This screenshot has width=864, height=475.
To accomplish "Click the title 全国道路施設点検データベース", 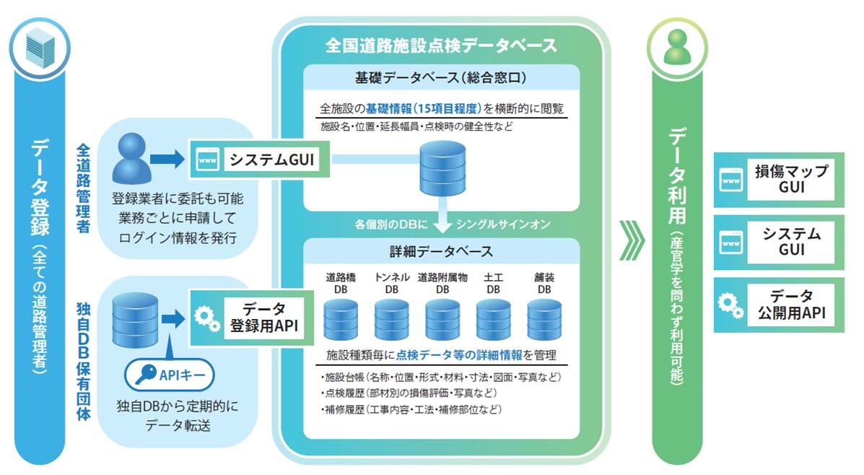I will point(441,45).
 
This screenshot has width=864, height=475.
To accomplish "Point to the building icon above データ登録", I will point(40,48).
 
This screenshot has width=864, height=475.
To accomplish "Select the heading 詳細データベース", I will point(441,252).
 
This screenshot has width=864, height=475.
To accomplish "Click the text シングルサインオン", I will point(504,225).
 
